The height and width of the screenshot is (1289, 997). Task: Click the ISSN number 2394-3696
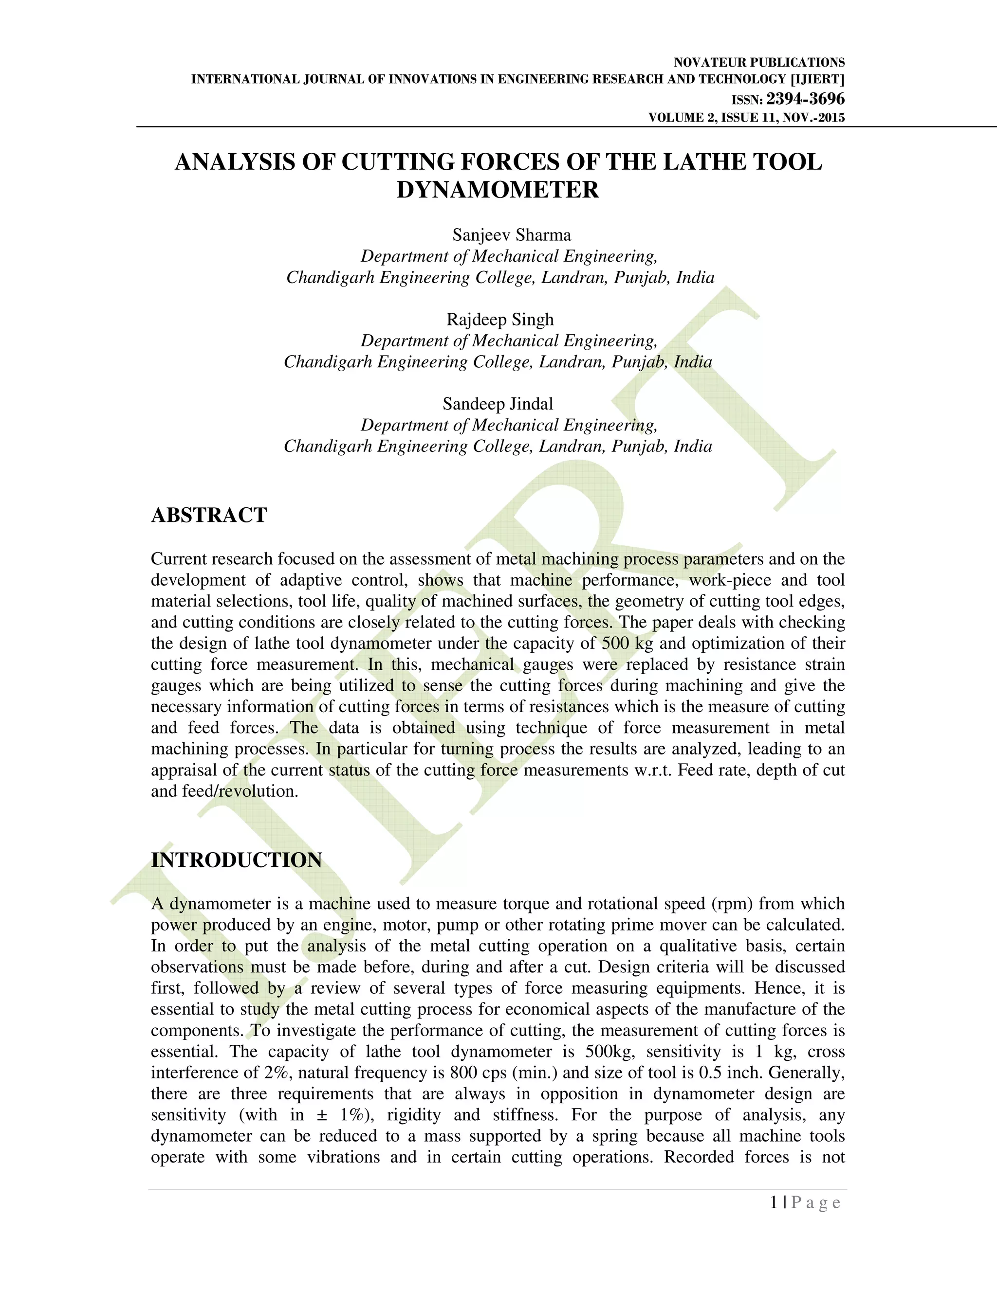[805, 99]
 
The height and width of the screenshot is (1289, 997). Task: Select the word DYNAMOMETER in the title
[498, 190]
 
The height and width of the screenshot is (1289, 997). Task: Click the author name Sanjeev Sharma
[512, 235]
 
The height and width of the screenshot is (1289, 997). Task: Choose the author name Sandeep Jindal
[498, 404]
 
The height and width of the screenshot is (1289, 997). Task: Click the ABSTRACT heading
[209, 515]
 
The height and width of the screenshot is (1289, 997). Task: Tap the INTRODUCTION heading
[236, 860]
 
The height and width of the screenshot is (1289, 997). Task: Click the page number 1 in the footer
[774, 1203]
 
